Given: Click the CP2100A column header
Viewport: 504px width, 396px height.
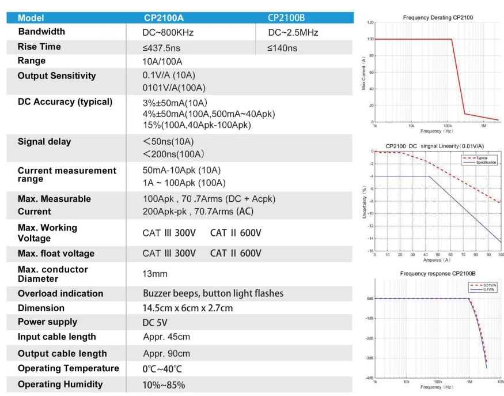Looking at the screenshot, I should (x=167, y=18).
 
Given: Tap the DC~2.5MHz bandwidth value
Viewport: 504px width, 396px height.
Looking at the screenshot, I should (x=293, y=32).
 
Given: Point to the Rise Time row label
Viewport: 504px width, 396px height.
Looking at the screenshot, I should (x=39, y=47).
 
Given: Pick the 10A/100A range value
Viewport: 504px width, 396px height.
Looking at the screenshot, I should (x=162, y=62).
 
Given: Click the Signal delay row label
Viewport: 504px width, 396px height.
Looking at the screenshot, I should (x=44, y=142).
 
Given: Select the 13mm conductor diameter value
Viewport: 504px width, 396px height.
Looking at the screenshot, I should (x=155, y=274).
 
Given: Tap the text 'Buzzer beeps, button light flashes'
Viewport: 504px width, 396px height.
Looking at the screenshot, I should (x=213, y=293).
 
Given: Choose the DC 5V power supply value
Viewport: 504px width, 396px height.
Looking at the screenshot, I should (x=155, y=323).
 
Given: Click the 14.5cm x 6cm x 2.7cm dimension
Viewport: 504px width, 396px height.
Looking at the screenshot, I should (x=188, y=308).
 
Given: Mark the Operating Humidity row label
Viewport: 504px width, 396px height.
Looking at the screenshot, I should (x=60, y=384).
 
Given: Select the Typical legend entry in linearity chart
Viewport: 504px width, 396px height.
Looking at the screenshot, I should (x=481, y=157).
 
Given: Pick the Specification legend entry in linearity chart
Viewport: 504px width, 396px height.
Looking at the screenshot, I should (x=485, y=163).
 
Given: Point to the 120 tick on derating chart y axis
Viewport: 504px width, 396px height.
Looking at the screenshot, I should (x=370, y=22).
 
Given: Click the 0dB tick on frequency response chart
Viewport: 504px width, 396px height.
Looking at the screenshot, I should (x=370, y=299).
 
